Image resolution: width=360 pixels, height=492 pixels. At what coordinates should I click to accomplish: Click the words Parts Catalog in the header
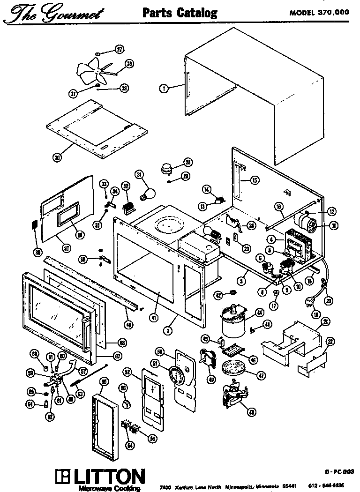click(180, 12)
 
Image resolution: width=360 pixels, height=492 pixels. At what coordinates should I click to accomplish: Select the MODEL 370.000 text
click(318, 13)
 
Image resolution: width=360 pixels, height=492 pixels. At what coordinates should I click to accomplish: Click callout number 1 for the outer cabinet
click(164, 87)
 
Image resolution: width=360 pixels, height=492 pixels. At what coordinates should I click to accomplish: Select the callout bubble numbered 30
click(57, 157)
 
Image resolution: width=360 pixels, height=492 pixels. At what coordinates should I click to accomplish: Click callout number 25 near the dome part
click(187, 163)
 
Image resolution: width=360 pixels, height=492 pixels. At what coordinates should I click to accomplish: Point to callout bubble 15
click(254, 180)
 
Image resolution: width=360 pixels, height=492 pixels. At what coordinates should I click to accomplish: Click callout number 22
click(330, 343)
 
